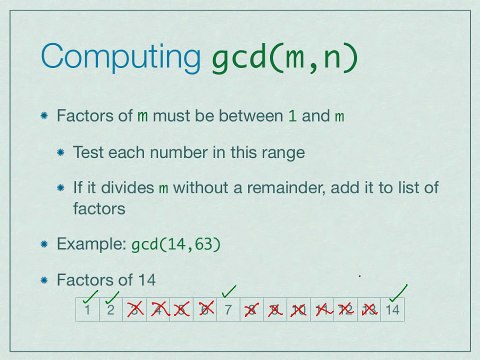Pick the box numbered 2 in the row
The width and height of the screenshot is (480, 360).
tap(113, 311)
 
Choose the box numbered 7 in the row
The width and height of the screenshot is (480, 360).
tap(229, 311)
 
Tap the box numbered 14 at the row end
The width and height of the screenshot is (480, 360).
tap(393, 311)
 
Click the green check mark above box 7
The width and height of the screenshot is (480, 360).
tap(230, 291)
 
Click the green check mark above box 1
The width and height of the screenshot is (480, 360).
tap(91, 295)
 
